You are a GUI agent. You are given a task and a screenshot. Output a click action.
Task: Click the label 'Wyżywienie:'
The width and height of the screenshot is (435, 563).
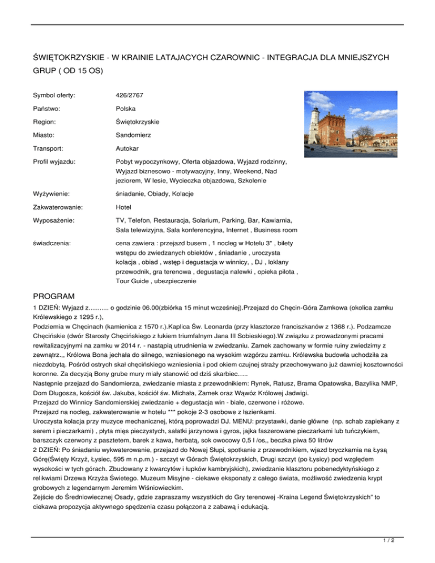(52, 194)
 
